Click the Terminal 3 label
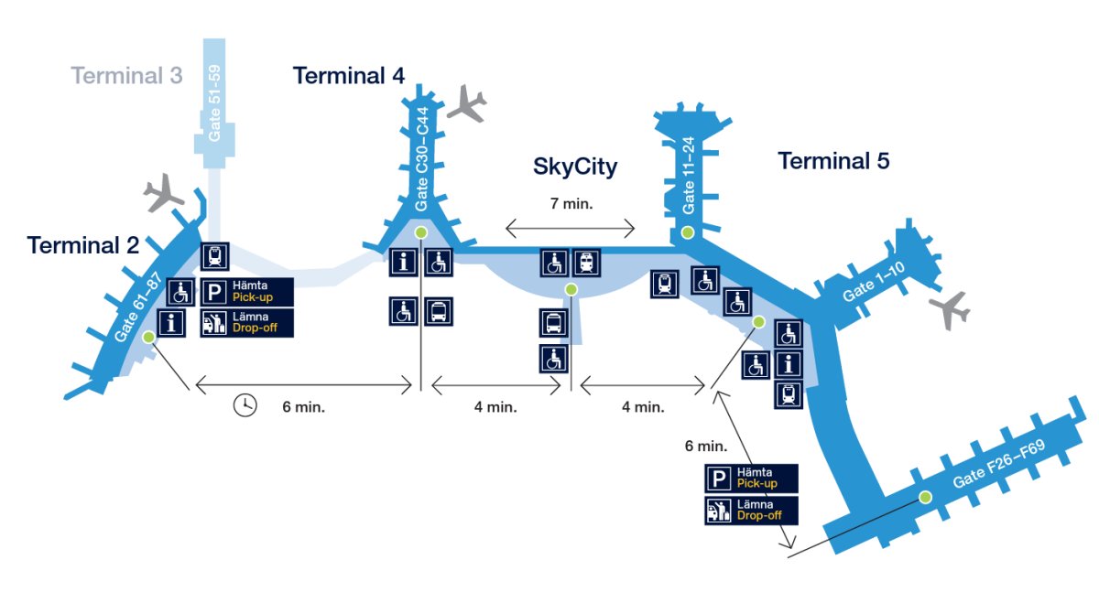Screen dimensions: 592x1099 pyautogui.click(x=126, y=75)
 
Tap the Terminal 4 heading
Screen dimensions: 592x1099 pyautogui.click(x=348, y=75)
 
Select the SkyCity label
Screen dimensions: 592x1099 pyautogui.click(x=575, y=167)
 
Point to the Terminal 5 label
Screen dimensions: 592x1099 pyautogui.click(x=833, y=162)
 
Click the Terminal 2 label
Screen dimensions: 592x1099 pyautogui.click(x=82, y=245)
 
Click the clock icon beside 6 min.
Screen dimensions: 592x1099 pyautogui.click(x=245, y=405)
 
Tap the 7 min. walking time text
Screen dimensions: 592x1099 pyautogui.click(x=571, y=204)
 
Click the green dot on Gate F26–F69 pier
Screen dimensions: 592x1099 pyautogui.click(x=925, y=497)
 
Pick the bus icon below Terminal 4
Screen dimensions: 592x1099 pyautogui.click(x=438, y=311)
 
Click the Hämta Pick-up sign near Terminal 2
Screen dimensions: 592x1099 pyautogui.click(x=246, y=292)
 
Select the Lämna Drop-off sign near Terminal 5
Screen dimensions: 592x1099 pyautogui.click(x=751, y=510)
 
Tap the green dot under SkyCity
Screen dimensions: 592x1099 pyautogui.click(x=571, y=289)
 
